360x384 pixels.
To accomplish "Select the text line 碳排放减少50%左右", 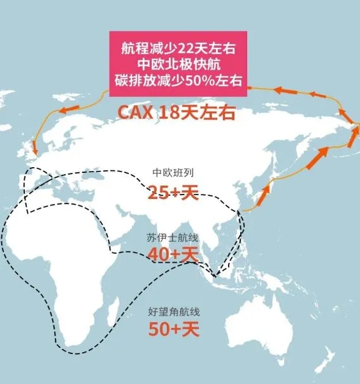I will [178, 80].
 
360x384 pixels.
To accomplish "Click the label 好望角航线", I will [173, 313].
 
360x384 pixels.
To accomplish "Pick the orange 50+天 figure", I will [173, 330].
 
